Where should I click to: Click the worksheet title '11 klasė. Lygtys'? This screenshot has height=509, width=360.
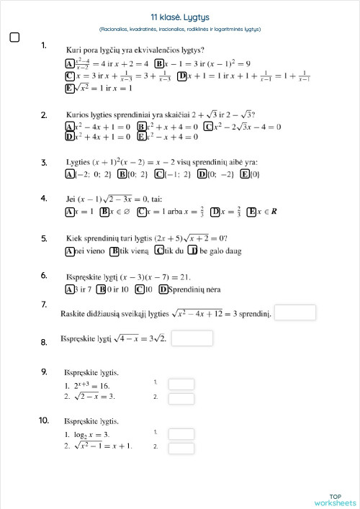pyautogui.click(x=180, y=17)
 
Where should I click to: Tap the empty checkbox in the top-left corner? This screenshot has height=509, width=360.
pyautogui.click(x=14, y=37)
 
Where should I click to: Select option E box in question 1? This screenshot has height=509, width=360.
pyautogui.click(x=70, y=88)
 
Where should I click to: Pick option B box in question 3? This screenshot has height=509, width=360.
pyautogui.click(x=122, y=174)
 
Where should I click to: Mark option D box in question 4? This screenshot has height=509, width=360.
pyautogui.click(x=215, y=212)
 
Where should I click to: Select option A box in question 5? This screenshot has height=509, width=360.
pyautogui.click(x=70, y=251)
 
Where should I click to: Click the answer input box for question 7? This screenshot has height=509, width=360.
pyautogui.click(x=295, y=312)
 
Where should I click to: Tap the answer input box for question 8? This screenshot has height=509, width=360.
pyautogui.click(x=192, y=338)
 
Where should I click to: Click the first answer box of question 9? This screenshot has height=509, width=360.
pyautogui.click(x=181, y=384)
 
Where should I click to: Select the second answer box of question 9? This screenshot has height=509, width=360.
pyautogui.click(x=181, y=397)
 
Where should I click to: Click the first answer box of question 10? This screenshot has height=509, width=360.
pyautogui.click(x=181, y=433)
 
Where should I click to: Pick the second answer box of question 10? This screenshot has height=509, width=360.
pyautogui.click(x=181, y=447)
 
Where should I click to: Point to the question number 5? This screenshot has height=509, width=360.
pyautogui.click(x=44, y=238)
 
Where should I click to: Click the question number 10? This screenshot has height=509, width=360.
pyautogui.click(x=44, y=420)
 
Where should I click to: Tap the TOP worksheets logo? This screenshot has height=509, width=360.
pyautogui.click(x=335, y=500)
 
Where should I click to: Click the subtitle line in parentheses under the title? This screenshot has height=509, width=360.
pyautogui.click(x=180, y=29)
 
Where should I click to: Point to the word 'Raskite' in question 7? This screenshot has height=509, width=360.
pyautogui.click(x=77, y=313)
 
